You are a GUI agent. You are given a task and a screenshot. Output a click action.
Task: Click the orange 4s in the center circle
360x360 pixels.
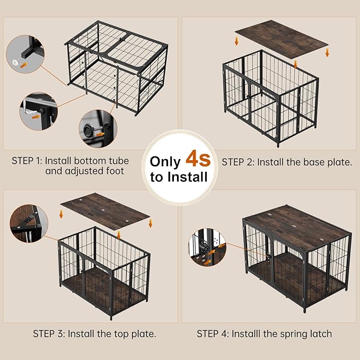197,161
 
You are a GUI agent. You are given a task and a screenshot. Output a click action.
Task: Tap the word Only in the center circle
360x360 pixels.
165,162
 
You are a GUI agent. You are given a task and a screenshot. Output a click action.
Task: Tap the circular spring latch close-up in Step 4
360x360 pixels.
207,247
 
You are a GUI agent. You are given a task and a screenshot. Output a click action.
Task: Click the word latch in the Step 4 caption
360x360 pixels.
319,333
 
